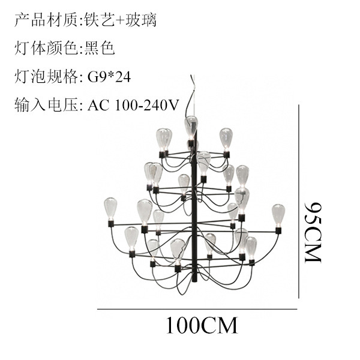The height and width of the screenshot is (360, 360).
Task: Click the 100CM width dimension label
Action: pyautogui.click(x=202, y=325)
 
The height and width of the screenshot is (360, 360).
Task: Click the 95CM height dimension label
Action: pyautogui.click(x=313, y=232)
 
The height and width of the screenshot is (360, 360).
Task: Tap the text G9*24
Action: pyautogui.click(x=109, y=77)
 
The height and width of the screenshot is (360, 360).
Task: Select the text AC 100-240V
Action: pyautogui.click(x=133, y=106)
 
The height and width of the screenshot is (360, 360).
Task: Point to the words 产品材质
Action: pyautogui.click(x=46, y=20)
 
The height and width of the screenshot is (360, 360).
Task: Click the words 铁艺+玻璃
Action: pyautogui.click(x=121, y=20)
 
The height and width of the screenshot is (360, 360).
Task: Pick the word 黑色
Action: pyautogui.click(x=100, y=49)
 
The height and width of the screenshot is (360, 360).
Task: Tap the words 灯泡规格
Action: pyautogui.click(x=46, y=77)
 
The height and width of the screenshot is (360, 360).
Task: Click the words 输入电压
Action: pyautogui.click(x=46, y=106)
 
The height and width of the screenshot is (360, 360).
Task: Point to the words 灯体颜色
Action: pyautogui.click(x=46, y=49)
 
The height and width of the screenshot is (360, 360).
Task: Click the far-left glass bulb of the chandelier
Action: pyautogui.click(x=110, y=209)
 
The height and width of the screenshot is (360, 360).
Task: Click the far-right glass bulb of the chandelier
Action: pyautogui.click(x=278, y=215)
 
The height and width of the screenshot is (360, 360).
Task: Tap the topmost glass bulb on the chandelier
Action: pyautogui.click(x=191, y=127)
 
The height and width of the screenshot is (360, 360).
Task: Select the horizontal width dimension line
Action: pyautogui.click(x=197, y=309)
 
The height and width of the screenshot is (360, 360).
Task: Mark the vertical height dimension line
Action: pyautogui.click(x=299, y=202)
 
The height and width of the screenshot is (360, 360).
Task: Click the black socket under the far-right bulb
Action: pyautogui.click(x=278, y=230)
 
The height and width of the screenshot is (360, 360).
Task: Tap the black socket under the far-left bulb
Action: pyautogui.click(x=111, y=223)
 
